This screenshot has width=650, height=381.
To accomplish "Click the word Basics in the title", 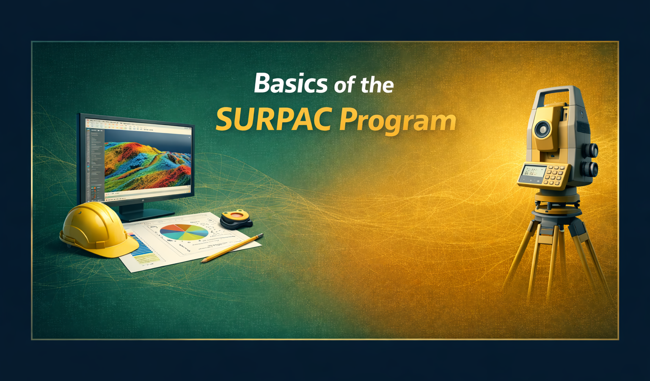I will click(291, 83).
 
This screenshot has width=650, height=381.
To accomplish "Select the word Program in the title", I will click(398, 121).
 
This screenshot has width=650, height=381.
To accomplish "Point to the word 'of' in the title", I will click(344, 86).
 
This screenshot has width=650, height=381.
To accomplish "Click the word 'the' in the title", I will click(377, 85).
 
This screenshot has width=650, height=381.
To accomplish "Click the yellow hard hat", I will click(97, 229).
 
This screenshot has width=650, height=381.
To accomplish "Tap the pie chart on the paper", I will click(184, 232).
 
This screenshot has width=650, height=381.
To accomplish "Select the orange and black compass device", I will click(236, 219).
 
